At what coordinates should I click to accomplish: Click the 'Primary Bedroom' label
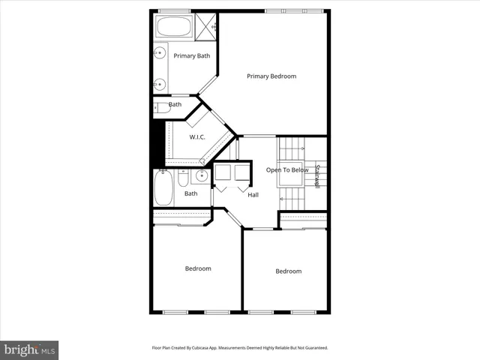click(271, 76)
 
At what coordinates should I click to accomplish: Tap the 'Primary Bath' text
click(192, 55)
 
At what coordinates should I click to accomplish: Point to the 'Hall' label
click(253, 195)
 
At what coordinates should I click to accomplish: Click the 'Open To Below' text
click(287, 170)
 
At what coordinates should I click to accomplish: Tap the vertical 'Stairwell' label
click(317, 175)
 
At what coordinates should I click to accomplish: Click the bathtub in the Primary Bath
click(174, 27)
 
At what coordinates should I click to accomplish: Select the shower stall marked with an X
click(206, 26)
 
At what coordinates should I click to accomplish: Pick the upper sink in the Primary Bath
click(160, 53)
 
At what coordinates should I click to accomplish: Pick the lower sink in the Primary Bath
click(160, 84)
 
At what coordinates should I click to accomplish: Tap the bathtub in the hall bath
click(163, 187)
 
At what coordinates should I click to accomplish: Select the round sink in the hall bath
click(200, 177)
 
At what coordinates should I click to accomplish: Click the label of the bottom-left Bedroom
click(198, 268)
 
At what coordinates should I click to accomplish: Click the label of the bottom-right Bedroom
click(288, 271)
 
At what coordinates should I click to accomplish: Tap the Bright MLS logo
click(29, 349)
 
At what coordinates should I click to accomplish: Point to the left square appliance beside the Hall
click(223, 173)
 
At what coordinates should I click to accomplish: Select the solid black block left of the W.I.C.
click(157, 144)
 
